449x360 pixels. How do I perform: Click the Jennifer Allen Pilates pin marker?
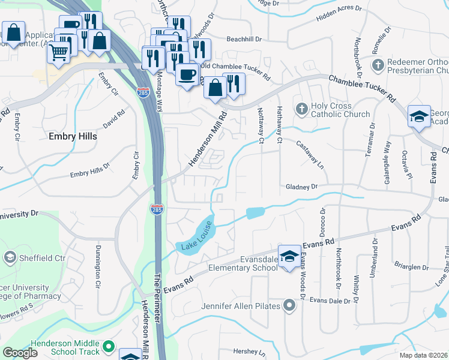tap(289, 307)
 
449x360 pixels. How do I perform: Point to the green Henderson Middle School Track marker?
tap(108, 346)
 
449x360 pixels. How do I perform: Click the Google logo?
tap(20, 353)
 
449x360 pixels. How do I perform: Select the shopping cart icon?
tap(58, 52)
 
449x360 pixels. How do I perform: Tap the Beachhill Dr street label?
tap(245, 39)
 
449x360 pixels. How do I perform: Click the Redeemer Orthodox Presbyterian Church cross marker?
tap(378, 64)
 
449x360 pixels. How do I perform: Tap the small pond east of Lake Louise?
tap(255, 212)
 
